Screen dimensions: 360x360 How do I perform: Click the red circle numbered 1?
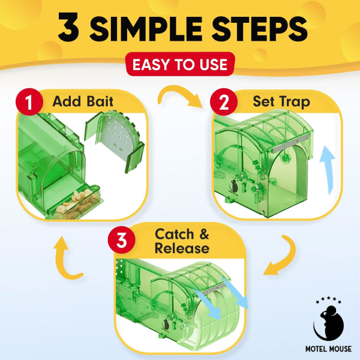point(29,102)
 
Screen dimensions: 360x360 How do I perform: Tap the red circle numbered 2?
point(224,102)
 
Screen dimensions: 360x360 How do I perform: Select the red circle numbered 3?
point(121,240)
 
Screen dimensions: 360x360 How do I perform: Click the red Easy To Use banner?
point(180,64)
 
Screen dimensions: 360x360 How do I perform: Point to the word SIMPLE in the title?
point(146,28)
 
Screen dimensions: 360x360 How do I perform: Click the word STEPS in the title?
point(259,28)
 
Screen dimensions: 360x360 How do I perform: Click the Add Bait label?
point(83,101)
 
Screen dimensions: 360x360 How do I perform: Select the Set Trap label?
point(281,102)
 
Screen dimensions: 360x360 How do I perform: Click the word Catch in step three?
point(174,234)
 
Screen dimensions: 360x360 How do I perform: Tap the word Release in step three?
point(182,248)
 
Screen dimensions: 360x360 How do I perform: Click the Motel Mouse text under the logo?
point(328,349)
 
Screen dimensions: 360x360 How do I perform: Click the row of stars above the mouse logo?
point(329,300)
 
